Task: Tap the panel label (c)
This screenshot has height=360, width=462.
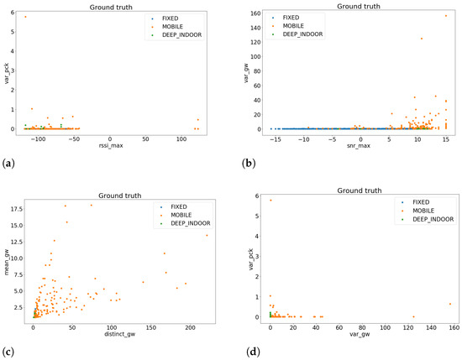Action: (x=8, y=347)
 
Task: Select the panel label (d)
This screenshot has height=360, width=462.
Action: (x=243, y=347)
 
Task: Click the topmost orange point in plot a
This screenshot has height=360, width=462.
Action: (x=25, y=17)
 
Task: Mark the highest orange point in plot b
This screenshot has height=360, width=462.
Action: (x=445, y=16)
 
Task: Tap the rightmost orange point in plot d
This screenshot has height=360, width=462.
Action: (x=450, y=304)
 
